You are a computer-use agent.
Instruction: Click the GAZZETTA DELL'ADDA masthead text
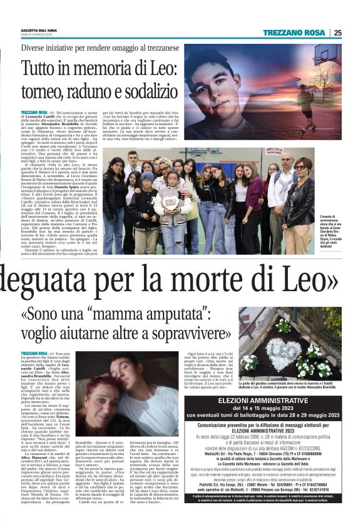(39, 30)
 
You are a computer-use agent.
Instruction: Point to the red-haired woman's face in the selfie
(105, 394)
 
